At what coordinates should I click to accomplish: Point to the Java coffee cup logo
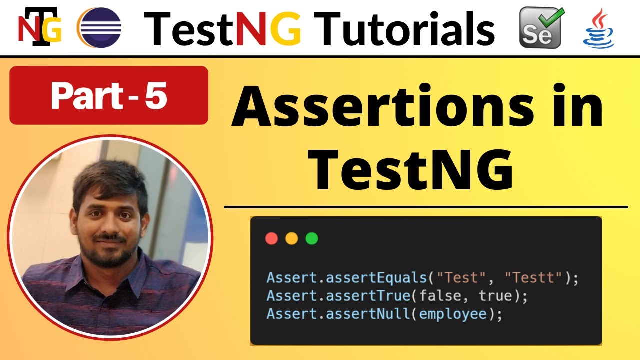pyautogui.click(x=599, y=29)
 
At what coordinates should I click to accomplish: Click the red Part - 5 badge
pyautogui.click(x=108, y=95)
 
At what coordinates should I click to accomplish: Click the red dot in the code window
pyautogui.click(x=272, y=238)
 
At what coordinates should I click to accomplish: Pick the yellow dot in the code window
pyautogui.click(x=291, y=238)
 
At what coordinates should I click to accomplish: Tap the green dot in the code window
pyautogui.click(x=311, y=238)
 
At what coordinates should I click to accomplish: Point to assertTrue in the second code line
pyautogui.click(x=367, y=296)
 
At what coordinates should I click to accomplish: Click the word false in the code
pyautogui.click(x=440, y=296)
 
